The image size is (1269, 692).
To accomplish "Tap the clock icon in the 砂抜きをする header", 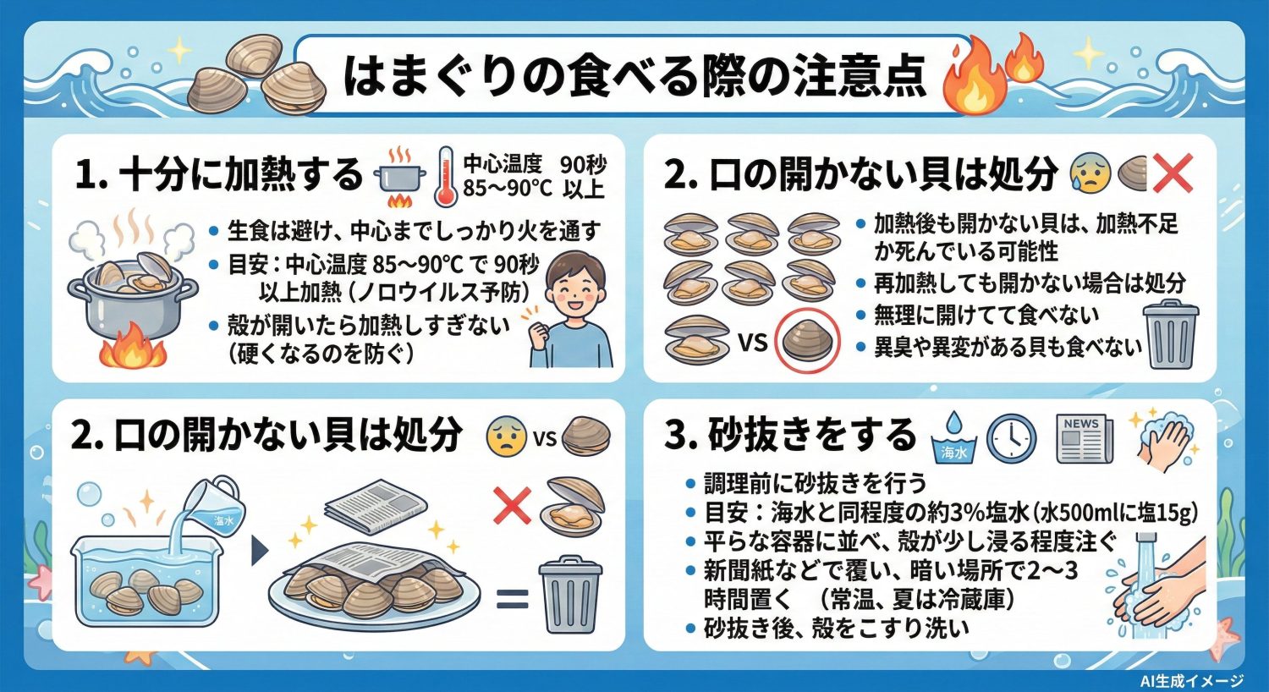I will coord(1012,438).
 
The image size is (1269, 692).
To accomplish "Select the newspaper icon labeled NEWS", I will coord(1085,438).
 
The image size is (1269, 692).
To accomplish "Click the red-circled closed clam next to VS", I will coord(805,342).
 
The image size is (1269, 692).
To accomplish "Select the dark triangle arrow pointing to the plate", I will coord(260,550).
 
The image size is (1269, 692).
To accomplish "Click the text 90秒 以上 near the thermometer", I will coord(583,176).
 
